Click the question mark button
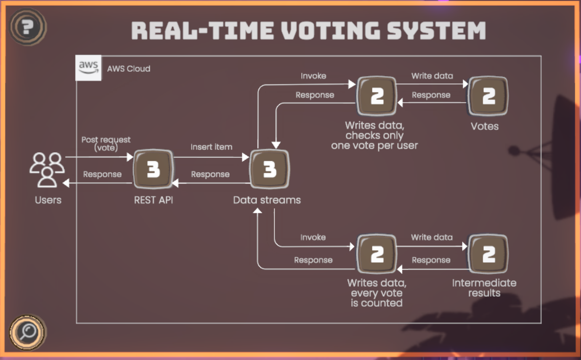coord(28,27)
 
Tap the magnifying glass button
coord(28,332)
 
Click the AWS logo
coord(88,68)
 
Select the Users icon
coord(47,170)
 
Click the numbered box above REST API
coord(153,169)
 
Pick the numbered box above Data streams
coord(270,169)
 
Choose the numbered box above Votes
coord(488,96)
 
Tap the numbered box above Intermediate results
coord(488,254)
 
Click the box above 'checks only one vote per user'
coord(377,96)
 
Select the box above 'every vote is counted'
coord(377,254)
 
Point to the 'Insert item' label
coord(211,147)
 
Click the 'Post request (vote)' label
coord(106,144)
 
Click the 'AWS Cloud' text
coord(128,69)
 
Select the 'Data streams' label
coord(267,200)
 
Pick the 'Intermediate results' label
coord(484,288)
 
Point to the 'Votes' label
coord(485,126)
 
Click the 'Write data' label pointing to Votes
coord(432,76)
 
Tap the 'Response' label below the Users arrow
coord(102,174)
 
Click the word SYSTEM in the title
coord(436,31)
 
